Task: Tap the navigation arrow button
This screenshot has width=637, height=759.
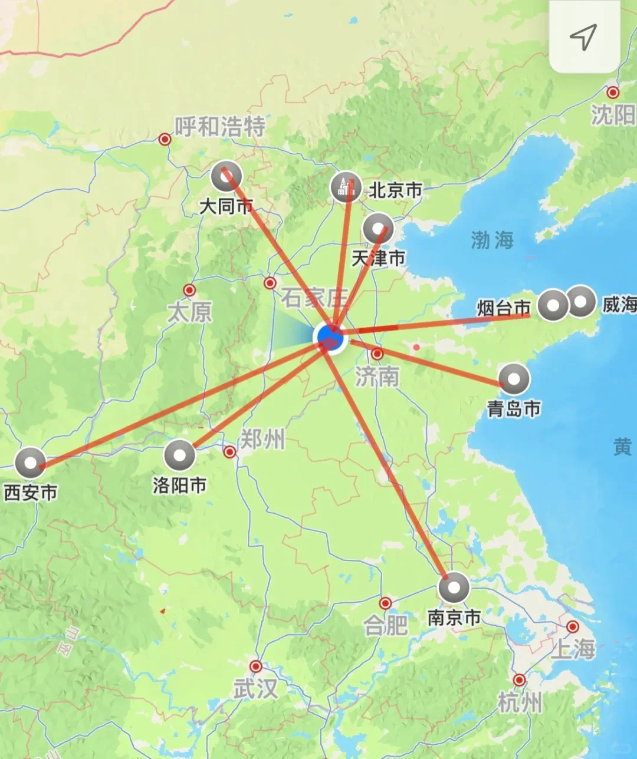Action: [583, 37]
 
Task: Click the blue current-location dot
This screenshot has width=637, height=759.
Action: [330, 336]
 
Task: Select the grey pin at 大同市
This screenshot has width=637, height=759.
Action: [226, 176]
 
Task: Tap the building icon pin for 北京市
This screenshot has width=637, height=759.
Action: [346, 187]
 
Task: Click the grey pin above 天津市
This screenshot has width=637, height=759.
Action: [379, 229]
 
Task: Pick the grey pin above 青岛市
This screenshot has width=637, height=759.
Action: [514, 378]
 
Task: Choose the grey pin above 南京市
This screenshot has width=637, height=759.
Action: [454, 587]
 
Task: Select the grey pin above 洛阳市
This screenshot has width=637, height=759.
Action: [179, 455]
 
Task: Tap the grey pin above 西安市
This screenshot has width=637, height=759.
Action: [29, 462]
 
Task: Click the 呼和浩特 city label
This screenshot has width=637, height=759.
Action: [220, 126]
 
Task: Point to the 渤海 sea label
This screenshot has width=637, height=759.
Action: [492, 240]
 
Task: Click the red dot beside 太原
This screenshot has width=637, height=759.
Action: [189, 290]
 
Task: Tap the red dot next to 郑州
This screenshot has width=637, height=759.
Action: [230, 451]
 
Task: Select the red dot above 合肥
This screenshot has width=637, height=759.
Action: [385, 603]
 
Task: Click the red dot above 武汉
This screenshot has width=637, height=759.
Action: [255, 666]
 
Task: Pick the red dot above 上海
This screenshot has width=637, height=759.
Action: [572, 626]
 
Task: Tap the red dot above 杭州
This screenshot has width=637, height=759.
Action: [519, 680]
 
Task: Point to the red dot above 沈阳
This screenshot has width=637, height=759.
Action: [613, 93]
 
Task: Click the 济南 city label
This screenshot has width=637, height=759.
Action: [377, 377]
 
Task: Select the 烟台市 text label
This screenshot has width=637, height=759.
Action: [504, 308]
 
